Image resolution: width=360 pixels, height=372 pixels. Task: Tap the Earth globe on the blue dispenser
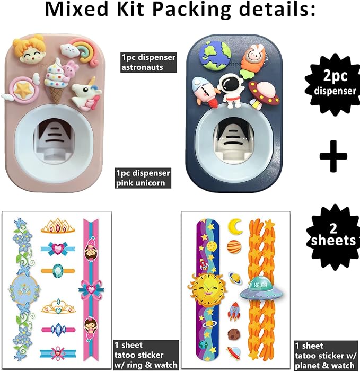point(215,56)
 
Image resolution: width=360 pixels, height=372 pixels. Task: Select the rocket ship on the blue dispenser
point(204,91)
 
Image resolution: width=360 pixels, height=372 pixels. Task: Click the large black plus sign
point(333,156)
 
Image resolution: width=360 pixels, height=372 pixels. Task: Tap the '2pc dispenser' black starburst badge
point(333,85)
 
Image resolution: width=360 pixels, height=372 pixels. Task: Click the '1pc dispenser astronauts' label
point(148,62)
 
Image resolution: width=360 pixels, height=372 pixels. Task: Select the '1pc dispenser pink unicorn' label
point(143,178)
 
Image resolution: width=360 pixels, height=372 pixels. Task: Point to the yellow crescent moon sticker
point(235,227)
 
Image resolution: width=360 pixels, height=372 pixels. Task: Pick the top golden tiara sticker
point(58,225)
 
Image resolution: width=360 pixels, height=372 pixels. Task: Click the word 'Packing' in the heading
point(191,10)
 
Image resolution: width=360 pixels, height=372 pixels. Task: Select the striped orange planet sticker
point(234,247)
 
